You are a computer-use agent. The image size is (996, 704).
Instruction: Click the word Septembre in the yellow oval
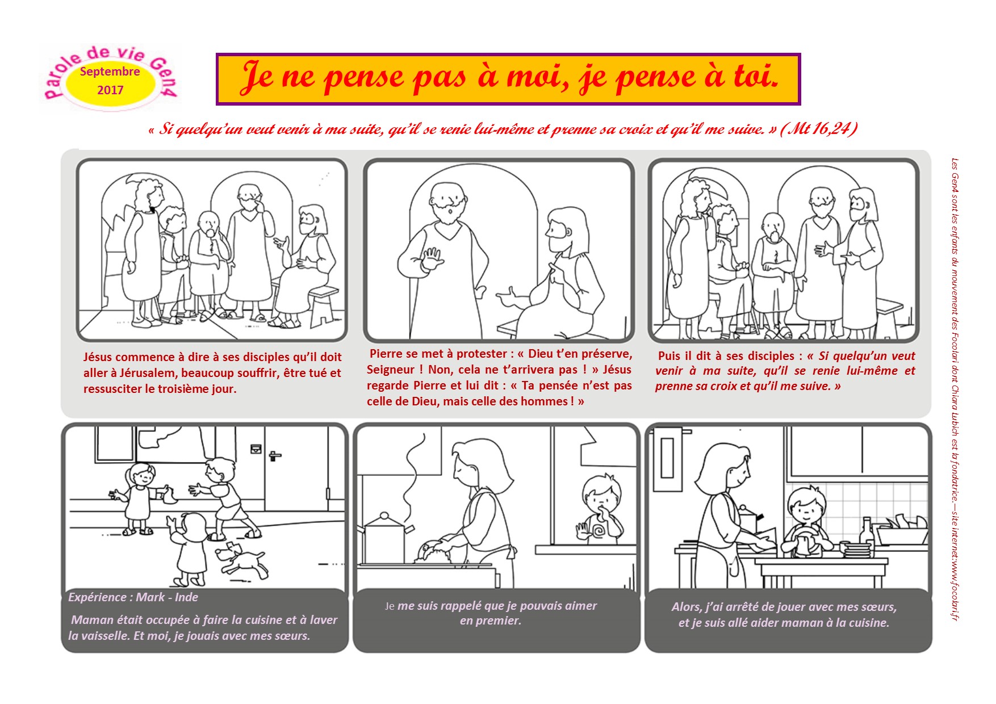110,72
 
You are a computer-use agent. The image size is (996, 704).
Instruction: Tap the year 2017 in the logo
110,90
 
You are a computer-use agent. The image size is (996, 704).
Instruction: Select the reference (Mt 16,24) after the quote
819,129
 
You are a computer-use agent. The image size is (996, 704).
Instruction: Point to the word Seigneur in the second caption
391,370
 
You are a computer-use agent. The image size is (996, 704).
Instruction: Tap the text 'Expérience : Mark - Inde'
133,597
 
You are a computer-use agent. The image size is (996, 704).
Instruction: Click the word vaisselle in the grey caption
104,636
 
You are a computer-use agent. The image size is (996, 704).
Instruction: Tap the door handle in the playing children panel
274,455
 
